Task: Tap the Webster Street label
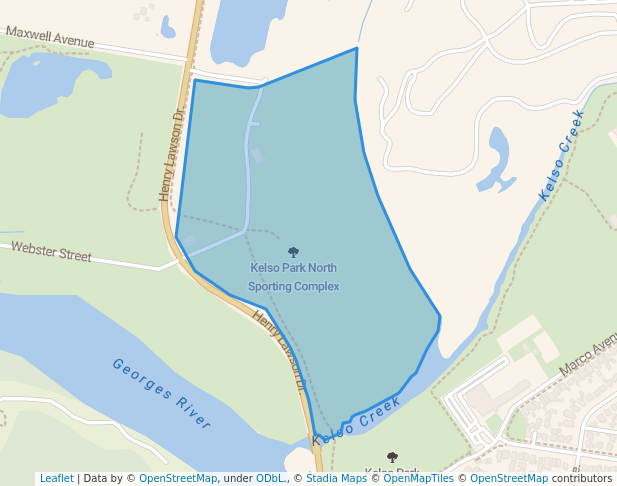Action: (x=51, y=251)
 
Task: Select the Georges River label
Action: (x=161, y=393)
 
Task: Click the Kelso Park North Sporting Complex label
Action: (x=293, y=277)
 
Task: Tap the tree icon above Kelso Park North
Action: (x=293, y=252)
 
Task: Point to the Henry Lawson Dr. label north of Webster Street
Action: (x=172, y=155)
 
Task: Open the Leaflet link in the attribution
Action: (x=56, y=478)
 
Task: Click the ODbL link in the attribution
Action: (x=272, y=478)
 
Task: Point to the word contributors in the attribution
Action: (x=582, y=478)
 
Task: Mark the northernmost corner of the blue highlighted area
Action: (x=356, y=48)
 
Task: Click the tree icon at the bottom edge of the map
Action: (x=392, y=458)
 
